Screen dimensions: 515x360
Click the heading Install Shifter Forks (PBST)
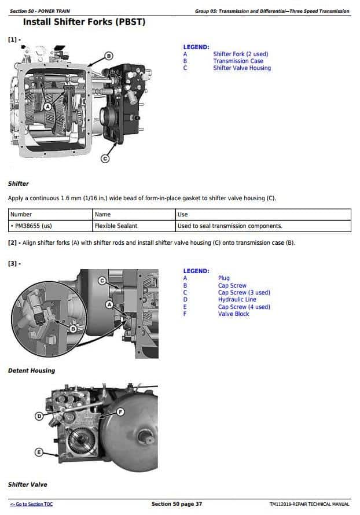83,23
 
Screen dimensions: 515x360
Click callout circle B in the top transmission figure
108,56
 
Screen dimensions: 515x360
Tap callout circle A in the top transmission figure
48,106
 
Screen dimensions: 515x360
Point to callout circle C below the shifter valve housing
105,158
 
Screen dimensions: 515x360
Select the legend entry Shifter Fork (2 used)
240,54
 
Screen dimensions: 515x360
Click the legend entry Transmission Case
238,61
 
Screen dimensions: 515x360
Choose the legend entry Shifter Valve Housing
241,68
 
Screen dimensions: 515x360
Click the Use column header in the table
183,215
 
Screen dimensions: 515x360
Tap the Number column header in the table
21,215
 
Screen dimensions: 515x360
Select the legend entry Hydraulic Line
237,300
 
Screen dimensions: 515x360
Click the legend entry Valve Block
233,314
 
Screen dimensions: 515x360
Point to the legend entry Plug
223,278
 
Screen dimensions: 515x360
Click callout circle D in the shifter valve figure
39,415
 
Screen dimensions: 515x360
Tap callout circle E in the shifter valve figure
39,452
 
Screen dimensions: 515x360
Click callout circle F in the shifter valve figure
121,411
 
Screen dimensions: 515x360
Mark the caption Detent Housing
31,370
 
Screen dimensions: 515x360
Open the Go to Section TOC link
31,505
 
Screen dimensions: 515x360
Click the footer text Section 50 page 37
177,505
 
